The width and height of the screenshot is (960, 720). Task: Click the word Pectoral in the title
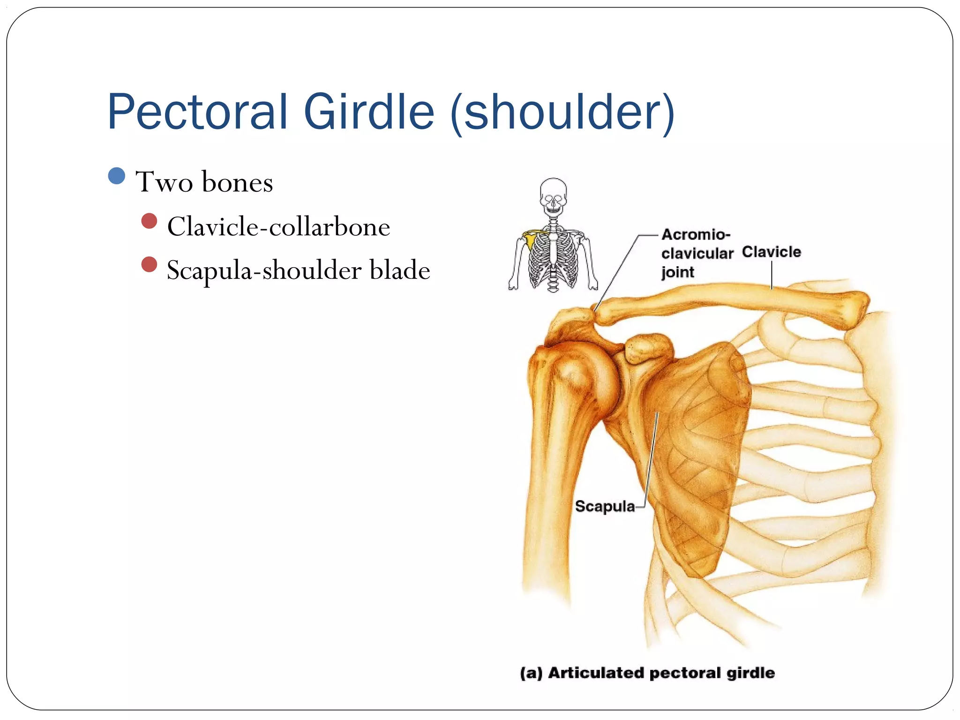point(197,112)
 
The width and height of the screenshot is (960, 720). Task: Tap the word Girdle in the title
point(369,112)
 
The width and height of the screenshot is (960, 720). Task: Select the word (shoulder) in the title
point(562,112)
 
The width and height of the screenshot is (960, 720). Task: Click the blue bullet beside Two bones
point(116,176)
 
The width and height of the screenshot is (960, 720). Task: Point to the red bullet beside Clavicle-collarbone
point(149,221)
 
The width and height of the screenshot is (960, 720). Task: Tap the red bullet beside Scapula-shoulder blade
point(149,264)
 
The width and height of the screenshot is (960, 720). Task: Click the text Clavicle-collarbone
point(278,227)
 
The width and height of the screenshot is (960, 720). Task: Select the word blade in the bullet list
point(400,270)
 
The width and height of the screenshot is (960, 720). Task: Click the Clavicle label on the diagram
point(771,252)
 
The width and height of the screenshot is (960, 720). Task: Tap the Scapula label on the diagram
point(605,506)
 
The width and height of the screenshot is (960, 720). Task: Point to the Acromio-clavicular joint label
point(696,253)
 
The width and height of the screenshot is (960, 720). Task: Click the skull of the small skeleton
point(553,195)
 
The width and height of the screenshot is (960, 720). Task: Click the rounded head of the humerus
point(581,375)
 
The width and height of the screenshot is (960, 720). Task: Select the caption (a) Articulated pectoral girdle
point(647,673)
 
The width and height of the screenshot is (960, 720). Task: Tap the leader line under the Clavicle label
point(772,275)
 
